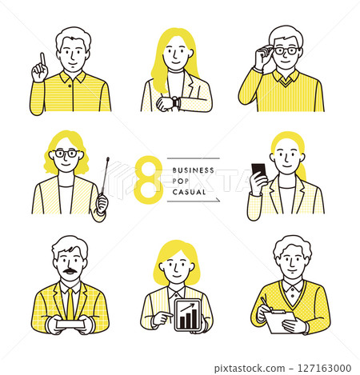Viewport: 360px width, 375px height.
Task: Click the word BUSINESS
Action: [x=194, y=170]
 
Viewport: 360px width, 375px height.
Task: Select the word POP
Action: [x=181, y=181]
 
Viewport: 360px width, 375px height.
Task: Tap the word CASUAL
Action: [x=189, y=192]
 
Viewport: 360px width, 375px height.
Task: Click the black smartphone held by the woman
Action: [x=258, y=172]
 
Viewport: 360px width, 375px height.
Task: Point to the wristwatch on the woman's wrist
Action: [x=175, y=102]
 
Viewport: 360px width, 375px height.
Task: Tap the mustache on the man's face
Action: [x=70, y=271]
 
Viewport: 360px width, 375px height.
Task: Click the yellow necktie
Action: [x=70, y=304]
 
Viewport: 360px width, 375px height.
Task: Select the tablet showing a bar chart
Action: [x=187, y=315]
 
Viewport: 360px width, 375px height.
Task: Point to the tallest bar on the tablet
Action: [x=194, y=318]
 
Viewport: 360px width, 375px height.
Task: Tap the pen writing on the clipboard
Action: [x=266, y=304]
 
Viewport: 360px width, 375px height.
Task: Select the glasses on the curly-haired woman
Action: [x=66, y=154]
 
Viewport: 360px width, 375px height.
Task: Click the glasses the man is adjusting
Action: [x=286, y=50]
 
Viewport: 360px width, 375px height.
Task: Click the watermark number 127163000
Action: [x=324, y=369]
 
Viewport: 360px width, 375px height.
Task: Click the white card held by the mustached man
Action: [x=70, y=324]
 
